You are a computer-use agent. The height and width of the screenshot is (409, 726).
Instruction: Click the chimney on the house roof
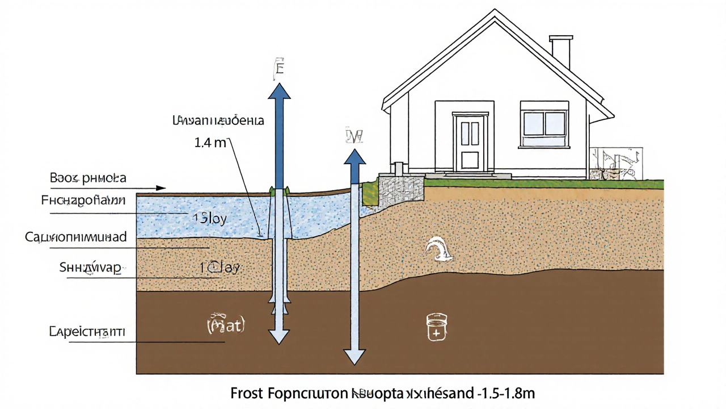pyautogui.click(x=560, y=52)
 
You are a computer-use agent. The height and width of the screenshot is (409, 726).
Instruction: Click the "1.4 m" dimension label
pyautogui.click(x=210, y=143)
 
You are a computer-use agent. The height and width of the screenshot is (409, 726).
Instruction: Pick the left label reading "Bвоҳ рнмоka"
pyautogui.click(x=88, y=178)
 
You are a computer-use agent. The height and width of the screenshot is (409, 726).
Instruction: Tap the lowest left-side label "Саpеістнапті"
pyautogui.click(x=87, y=331)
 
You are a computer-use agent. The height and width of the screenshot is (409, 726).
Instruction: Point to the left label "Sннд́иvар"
pyautogui.click(x=91, y=268)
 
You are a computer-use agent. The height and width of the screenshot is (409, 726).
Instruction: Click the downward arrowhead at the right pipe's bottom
pyautogui.click(x=355, y=356)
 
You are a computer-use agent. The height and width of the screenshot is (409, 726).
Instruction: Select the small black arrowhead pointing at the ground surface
pyautogui.click(x=161, y=187)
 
